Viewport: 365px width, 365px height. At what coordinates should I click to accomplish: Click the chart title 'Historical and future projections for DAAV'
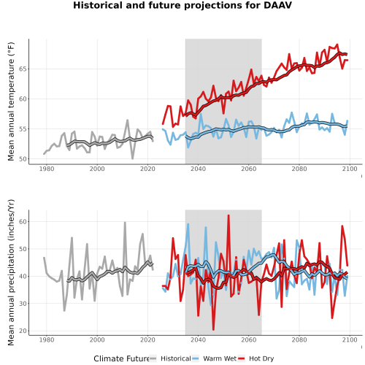click(x=182, y=5)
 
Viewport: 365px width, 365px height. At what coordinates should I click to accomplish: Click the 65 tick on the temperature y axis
click(x=23, y=69)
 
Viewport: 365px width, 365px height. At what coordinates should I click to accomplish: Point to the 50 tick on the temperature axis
click(x=23, y=159)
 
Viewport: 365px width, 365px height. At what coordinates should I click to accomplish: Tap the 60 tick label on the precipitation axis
click(x=23, y=222)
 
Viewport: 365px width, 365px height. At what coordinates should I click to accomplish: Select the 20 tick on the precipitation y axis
click(x=23, y=331)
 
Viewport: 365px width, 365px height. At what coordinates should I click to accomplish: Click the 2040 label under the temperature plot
click(x=198, y=169)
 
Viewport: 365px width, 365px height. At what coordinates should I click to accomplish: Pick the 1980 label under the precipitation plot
click(x=47, y=339)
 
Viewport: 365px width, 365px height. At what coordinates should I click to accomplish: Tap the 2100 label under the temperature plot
click(x=350, y=169)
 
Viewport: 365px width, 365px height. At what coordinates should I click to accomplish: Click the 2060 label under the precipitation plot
click(x=249, y=339)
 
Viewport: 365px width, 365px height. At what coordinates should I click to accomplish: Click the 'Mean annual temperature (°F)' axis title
click(x=11, y=101)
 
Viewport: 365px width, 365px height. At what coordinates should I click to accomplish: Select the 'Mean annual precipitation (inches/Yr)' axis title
click(x=11, y=272)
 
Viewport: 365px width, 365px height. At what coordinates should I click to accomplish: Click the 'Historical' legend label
click(x=176, y=358)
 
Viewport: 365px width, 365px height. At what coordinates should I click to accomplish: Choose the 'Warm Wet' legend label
click(x=220, y=358)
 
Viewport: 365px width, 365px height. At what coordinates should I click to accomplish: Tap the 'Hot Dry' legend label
click(x=261, y=358)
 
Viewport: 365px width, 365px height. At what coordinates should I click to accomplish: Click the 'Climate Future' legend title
click(x=121, y=358)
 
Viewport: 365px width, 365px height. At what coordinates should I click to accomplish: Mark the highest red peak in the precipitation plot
click(x=228, y=215)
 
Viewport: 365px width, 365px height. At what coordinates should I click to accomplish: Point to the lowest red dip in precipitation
click(x=213, y=330)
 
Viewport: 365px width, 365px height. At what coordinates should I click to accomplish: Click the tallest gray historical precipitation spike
click(x=125, y=223)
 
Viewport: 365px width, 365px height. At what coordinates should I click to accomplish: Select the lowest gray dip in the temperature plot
click(x=133, y=158)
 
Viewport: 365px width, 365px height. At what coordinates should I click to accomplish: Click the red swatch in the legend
click(x=241, y=358)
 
